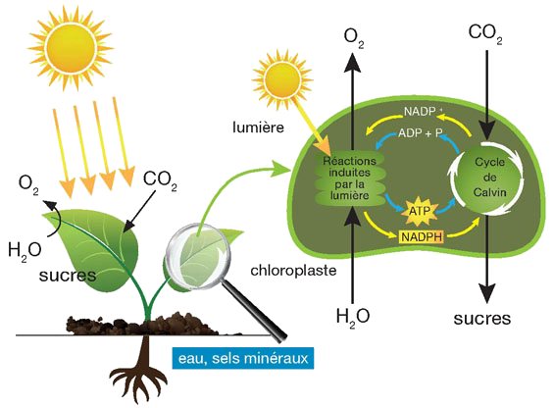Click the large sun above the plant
point(71,47)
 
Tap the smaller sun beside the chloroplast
point(282,79)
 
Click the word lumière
point(258,127)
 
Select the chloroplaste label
point(293,271)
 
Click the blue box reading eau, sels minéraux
point(243,359)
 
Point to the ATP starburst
point(421,211)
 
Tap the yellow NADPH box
point(422,236)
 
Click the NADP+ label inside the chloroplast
point(422,112)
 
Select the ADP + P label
point(421,133)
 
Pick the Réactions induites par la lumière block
point(349,178)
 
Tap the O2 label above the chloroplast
point(354,38)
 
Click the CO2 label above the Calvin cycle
point(485,33)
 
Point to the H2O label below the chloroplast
point(353,317)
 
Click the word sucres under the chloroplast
point(481,319)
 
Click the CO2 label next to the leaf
point(160,181)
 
